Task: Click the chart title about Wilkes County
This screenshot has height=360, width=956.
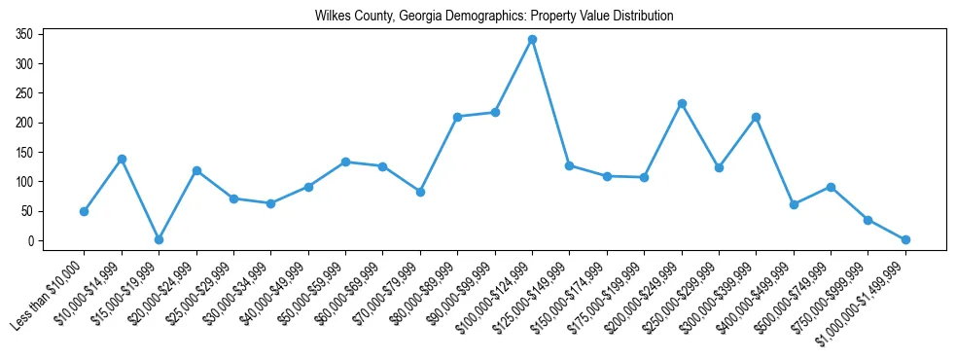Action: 494,17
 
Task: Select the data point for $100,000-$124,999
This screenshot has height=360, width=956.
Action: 532,40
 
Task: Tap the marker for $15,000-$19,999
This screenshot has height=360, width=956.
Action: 159,239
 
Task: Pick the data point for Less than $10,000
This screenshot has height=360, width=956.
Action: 84,211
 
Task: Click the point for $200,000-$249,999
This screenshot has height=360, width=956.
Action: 682,103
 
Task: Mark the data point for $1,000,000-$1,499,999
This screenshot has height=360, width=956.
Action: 905,239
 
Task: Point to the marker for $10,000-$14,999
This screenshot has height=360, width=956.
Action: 122,159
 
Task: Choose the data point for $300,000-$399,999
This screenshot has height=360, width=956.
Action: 756,117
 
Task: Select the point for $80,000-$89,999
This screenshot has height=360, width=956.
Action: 457,117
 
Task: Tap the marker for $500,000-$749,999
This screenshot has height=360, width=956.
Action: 831,187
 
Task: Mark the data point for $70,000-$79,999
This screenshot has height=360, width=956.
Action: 420,192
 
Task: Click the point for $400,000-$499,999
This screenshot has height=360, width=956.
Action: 794,204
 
